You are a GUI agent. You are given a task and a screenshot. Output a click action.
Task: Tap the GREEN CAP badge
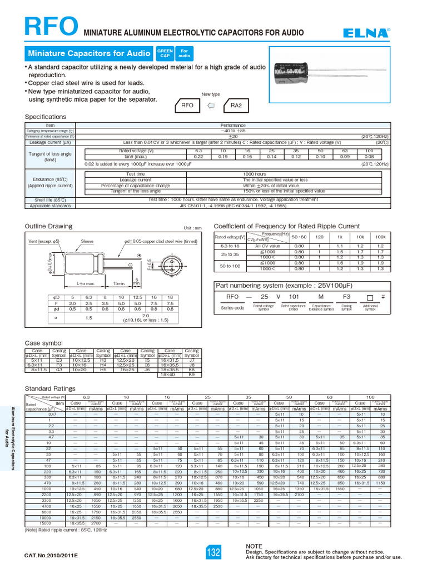coord(165,53)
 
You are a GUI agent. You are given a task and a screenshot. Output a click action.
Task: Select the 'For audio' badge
coord(185,53)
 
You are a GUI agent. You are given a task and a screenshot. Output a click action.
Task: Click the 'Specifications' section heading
coord(46,117)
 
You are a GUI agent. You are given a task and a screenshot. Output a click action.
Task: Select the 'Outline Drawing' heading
coord(49,226)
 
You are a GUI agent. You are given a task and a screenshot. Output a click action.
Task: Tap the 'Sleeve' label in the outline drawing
coord(87,241)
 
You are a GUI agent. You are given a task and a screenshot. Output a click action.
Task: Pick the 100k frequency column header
coord(380,237)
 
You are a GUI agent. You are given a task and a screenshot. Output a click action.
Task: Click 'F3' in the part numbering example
coord(346,297)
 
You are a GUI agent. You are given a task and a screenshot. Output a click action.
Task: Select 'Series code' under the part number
coord(232,307)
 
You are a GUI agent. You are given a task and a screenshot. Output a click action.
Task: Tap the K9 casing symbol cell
coord(192,375)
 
